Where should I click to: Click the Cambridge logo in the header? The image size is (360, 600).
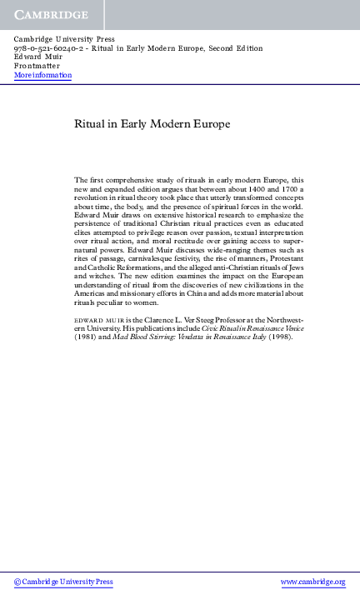(x=51, y=15)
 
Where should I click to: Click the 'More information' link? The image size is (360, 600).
(x=42, y=76)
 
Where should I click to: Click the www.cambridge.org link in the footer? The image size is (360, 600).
(x=312, y=582)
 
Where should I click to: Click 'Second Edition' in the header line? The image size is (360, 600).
(x=237, y=48)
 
